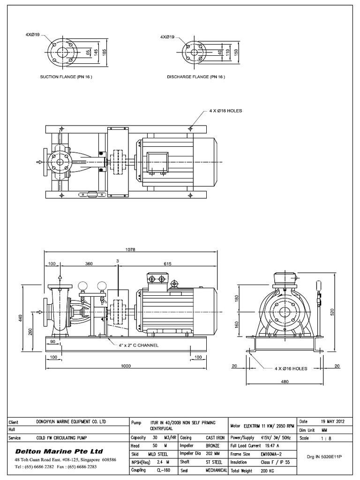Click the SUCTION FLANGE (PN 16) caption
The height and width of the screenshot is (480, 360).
[x=65, y=76]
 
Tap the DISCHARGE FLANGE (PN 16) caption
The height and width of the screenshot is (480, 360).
[x=196, y=76]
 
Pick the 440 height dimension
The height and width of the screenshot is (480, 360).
[x=20, y=318]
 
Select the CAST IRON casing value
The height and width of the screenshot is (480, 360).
[x=214, y=437]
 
